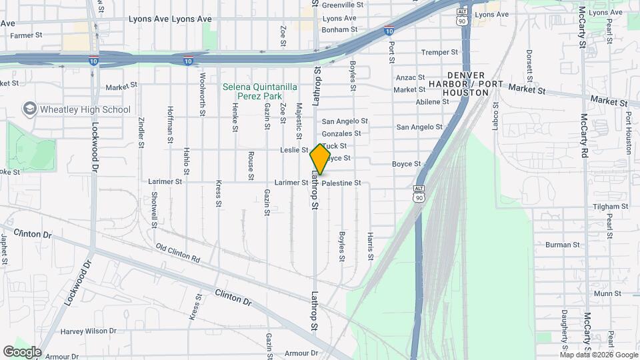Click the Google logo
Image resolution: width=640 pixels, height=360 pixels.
(22, 352)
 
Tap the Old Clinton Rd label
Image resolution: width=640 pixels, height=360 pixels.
(178, 253)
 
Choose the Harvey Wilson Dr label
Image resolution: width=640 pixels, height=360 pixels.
(88, 331)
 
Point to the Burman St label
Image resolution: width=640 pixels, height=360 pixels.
(559, 245)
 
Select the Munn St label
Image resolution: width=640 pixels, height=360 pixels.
(607, 293)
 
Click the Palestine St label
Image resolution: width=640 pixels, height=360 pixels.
(341, 183)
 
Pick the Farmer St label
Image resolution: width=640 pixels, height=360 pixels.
(26, 35)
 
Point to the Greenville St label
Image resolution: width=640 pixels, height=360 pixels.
(342, 5)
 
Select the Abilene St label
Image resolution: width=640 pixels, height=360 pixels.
(432, 102)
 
